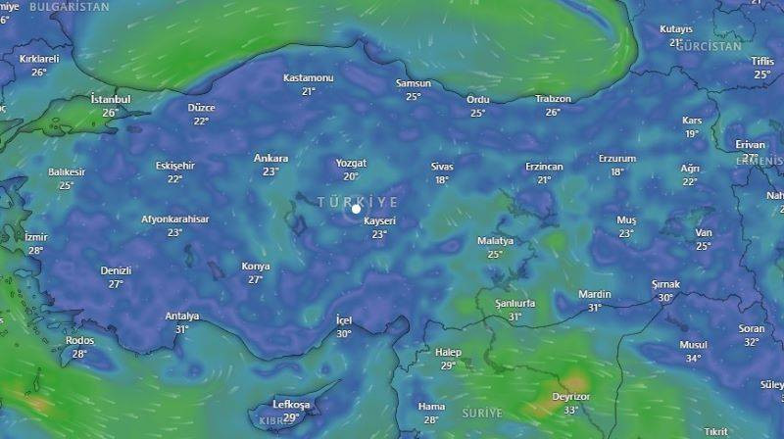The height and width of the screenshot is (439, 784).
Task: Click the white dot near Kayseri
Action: click(356, 208)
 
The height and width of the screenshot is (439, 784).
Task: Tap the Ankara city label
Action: click(270, 158)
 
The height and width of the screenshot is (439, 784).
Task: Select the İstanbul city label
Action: click(110, 99)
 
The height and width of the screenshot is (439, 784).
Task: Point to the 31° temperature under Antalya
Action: click(181, 329)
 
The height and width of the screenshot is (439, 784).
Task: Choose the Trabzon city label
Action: click(553, 99)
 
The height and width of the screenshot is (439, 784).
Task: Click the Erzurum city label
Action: click(617, 159)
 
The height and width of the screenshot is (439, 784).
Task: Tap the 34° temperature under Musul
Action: click(693, 358)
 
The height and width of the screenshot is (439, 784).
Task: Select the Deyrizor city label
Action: click(569, 397)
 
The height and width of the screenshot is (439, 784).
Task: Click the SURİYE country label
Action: click(481, 412)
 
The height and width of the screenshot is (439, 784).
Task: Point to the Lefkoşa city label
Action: click(290, 405)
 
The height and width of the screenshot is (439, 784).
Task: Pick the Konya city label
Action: click(256, 267)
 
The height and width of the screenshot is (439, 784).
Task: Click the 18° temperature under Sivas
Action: click(442, 179)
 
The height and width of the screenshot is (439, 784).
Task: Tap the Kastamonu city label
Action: click(309, 77)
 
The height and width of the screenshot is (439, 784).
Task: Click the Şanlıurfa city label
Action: click(515, 304)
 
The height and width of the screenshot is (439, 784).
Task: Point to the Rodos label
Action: click(79, 340)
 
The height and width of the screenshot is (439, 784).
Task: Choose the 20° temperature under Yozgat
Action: click(351, 176)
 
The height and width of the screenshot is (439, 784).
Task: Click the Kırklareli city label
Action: click(39, 59)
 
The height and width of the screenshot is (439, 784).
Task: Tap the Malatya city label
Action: click(495, 241)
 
